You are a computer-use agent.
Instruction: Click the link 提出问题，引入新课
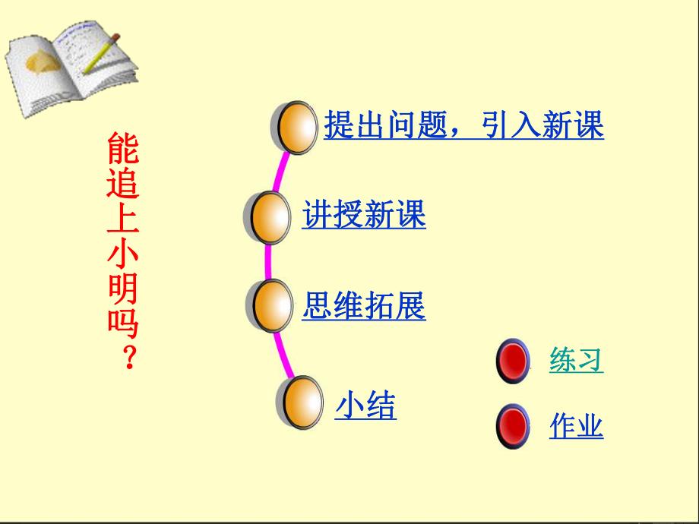(x=463, y=125)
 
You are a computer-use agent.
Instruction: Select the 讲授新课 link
(x=364, y=215)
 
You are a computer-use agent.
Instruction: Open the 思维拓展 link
(x=364, y=305)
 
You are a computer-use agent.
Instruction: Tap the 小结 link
(x=366, y=406)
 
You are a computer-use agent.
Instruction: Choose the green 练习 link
(x=576, y=360)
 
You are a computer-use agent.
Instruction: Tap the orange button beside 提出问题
(x=296, y=128)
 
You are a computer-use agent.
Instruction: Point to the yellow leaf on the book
(x=40, y=60)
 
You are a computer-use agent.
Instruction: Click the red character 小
(x=123, y=254)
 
